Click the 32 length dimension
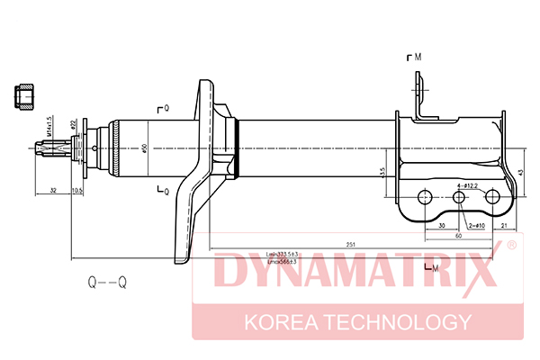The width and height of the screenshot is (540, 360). (x=53, y=191)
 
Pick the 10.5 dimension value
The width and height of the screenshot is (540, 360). (x=76, y=191)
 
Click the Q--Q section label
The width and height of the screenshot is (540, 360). (x=107, y=283)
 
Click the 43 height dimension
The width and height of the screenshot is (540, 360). (x=522, y=171)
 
